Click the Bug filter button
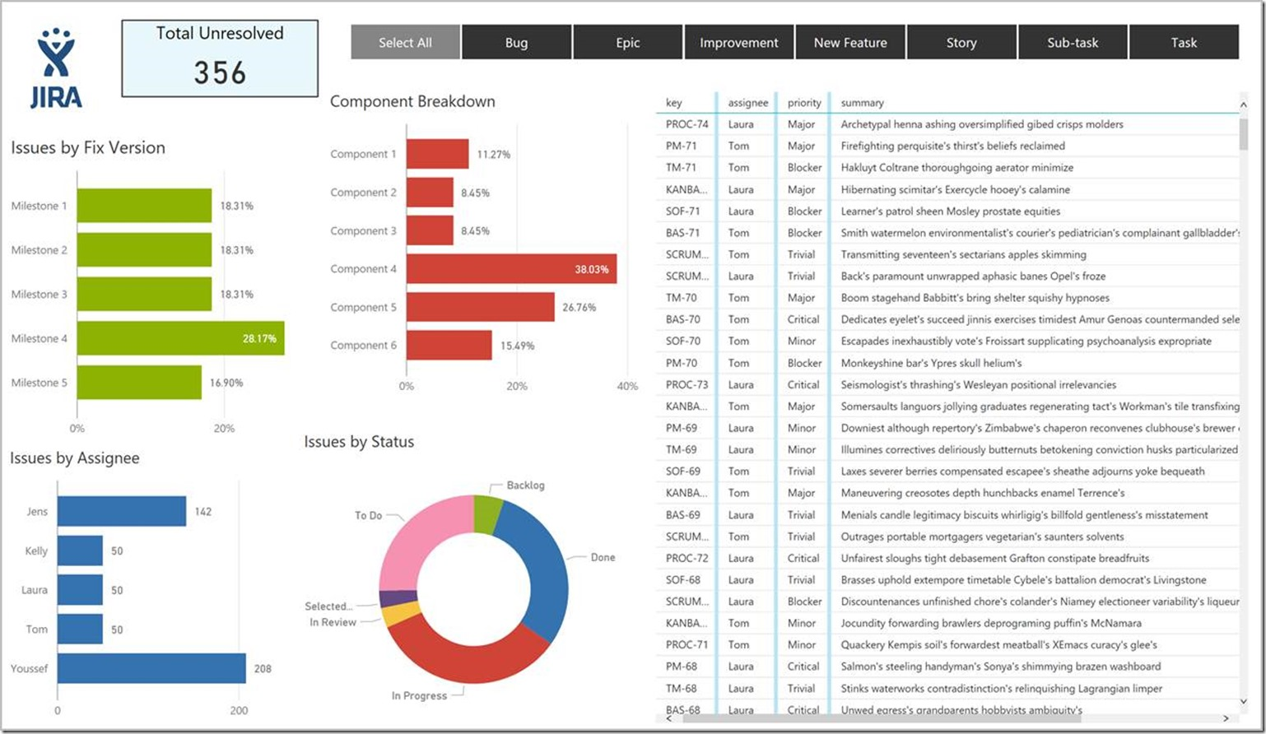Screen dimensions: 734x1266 (x=516, y=43)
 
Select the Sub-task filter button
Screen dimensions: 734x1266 (x=1072, y=43)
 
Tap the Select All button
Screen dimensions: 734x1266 (x=405, y=43)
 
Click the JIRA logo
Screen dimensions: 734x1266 (x=56, y=69)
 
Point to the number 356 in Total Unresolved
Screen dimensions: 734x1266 (x=220, y=73)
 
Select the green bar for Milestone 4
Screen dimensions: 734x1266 (x=180, y=338)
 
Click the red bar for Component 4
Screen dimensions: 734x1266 (x=510, y=269)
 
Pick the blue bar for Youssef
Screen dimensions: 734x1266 (x=151, y=668)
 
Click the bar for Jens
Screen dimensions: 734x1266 (x=122, y=511)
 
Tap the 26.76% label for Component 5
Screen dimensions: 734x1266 (x=579, y=308)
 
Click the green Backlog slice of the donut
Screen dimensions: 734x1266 (x=487, y=513)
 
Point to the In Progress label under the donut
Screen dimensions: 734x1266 (x=419, y=696)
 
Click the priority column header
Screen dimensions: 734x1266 (x=804, y=103)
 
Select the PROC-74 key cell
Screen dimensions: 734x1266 (x=687, y=124)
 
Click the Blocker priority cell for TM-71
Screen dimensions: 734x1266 (x=804, y=168)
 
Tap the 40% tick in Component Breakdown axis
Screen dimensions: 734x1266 (x=626, y=386)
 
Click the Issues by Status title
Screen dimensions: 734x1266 (x=359, y=442)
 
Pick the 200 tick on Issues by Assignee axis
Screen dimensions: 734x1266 (x=239, y=711)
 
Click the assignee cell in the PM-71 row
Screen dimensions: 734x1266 (x=738, y=146)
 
